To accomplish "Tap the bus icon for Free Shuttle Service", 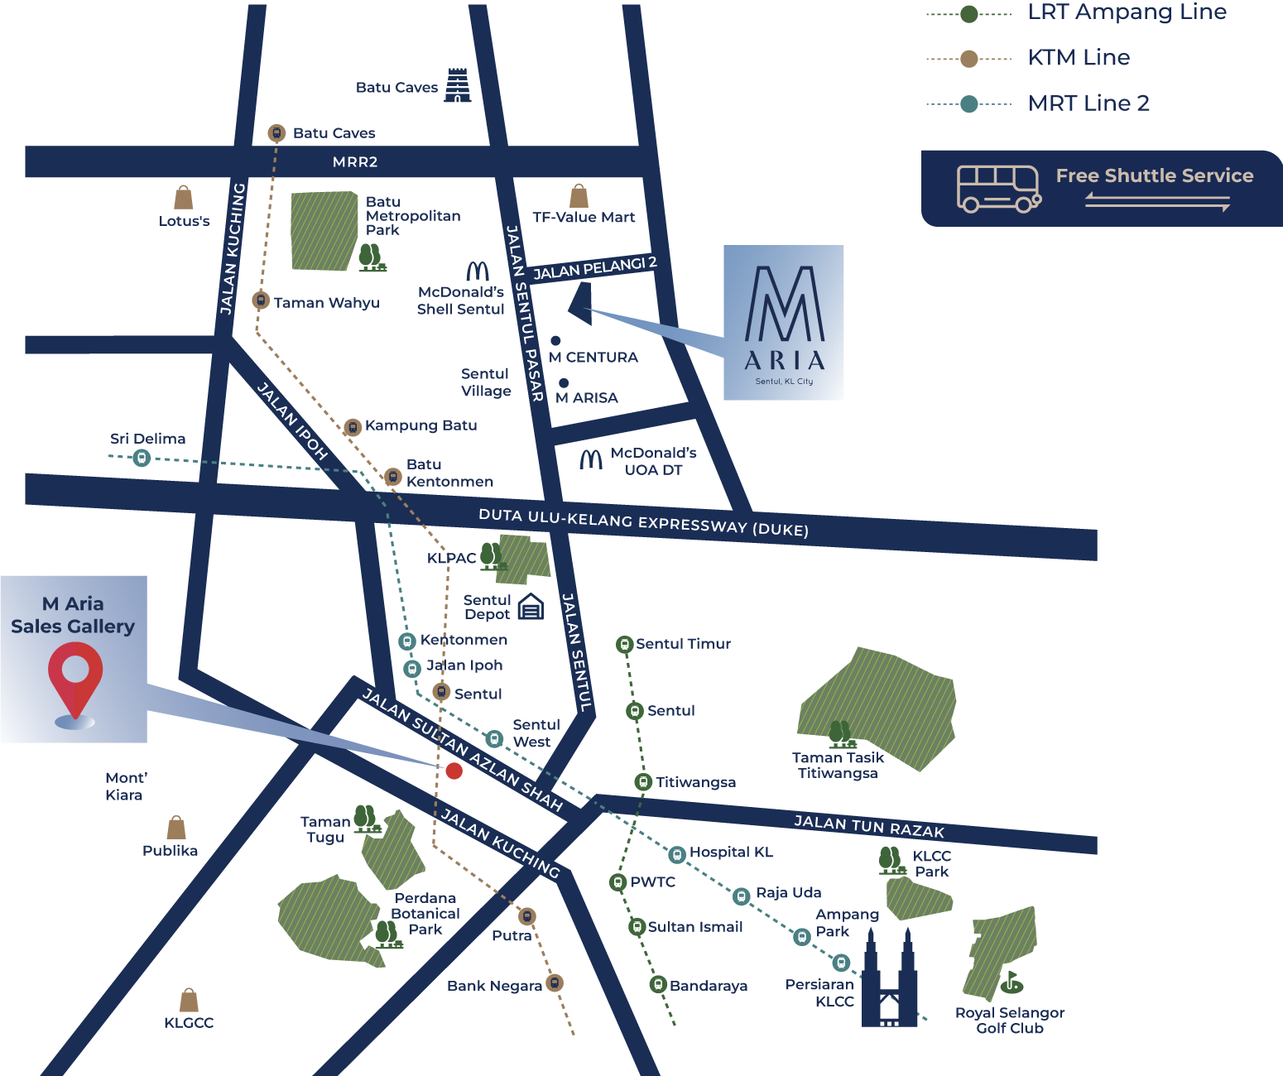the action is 998,189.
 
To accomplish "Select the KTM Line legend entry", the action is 1078,58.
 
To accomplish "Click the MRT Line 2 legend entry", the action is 1088,103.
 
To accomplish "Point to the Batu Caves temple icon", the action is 457,86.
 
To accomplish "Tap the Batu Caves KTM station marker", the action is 276,133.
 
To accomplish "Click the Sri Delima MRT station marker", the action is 142,458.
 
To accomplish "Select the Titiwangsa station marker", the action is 643,781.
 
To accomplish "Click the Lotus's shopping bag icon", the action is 184,198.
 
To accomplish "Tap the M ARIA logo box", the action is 784,323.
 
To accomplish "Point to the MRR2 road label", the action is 355,162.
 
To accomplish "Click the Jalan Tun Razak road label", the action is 869,826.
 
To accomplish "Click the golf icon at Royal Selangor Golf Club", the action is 1011,982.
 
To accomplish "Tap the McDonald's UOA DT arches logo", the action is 591,459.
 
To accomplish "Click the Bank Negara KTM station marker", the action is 555,983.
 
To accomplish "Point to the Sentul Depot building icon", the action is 531,608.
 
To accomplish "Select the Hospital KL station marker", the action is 677,853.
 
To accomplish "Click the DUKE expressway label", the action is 643,522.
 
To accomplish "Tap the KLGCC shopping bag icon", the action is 189,1000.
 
